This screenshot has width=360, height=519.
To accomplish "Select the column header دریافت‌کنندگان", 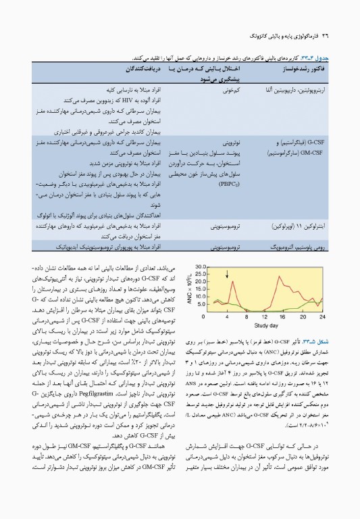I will click(143, 69).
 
